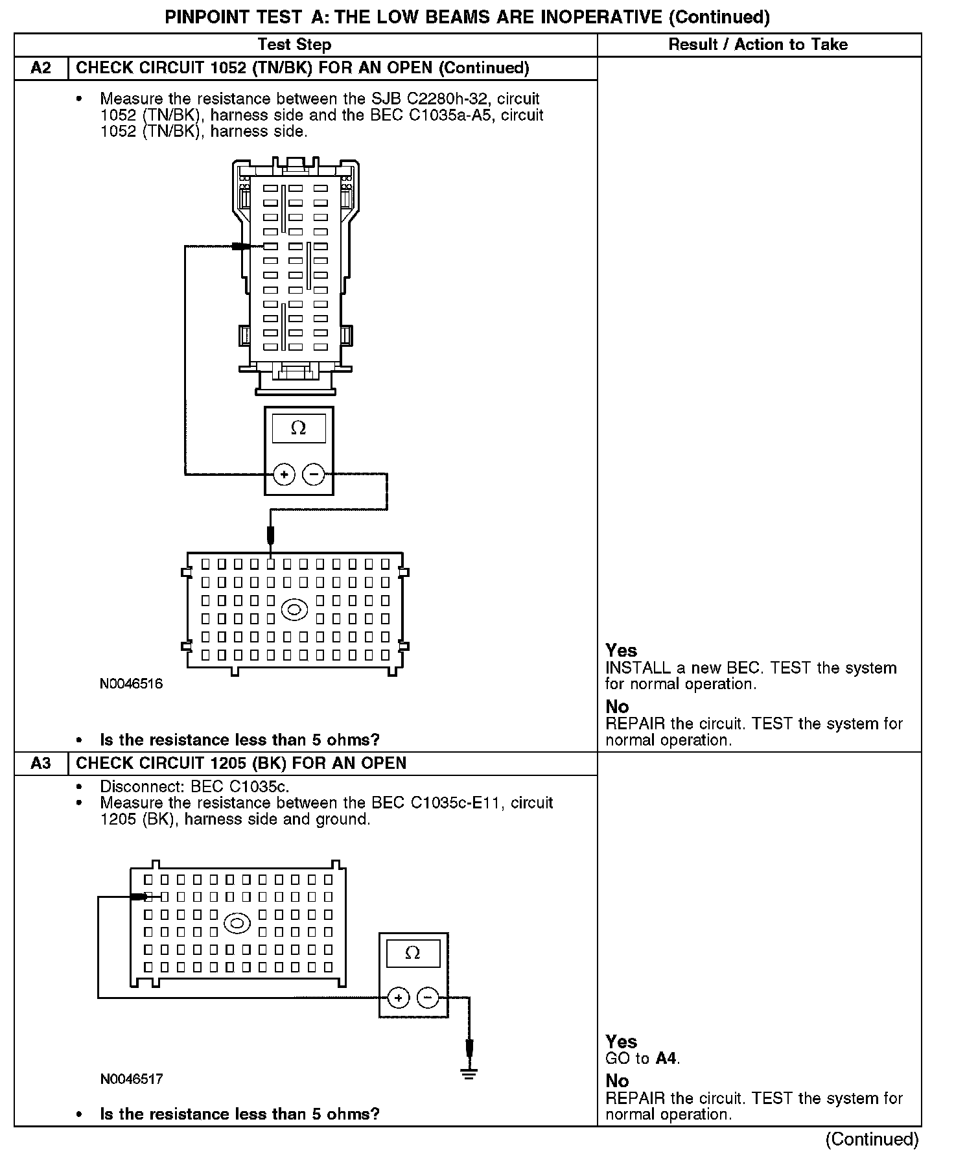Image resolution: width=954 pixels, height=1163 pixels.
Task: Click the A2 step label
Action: click(41, 68)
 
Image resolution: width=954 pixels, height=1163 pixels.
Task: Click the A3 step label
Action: click(41, 763)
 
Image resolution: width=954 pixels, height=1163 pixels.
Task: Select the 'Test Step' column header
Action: click(294, 45)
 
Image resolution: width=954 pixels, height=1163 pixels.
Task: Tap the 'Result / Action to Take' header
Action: click(758, 45)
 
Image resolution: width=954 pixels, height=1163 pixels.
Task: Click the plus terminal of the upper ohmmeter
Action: click(284, 475)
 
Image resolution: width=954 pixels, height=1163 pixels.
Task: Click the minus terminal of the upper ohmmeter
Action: click(314, 475)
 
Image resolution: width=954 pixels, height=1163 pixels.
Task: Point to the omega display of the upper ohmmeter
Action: click(299, 429)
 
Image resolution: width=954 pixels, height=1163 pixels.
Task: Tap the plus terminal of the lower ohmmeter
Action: click(398, 998)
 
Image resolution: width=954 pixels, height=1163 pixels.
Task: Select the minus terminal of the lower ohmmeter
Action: click(428, 998)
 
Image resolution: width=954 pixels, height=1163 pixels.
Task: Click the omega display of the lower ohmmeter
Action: click(413, 953)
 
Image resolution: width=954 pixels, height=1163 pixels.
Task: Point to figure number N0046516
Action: click(132, 684)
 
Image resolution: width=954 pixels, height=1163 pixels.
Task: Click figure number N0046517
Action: click(132, 1079)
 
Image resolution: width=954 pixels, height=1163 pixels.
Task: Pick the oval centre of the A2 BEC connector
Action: click(294, 609)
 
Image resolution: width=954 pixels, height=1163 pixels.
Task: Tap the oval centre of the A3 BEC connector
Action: click(237, 923)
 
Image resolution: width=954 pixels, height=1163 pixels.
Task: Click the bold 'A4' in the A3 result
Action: click(666, 1059)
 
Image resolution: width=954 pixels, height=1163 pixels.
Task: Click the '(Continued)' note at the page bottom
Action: click(872, 1139)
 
